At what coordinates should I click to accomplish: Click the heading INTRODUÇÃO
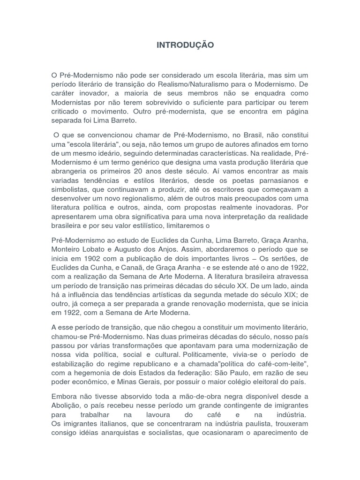(x=185, y=45)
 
